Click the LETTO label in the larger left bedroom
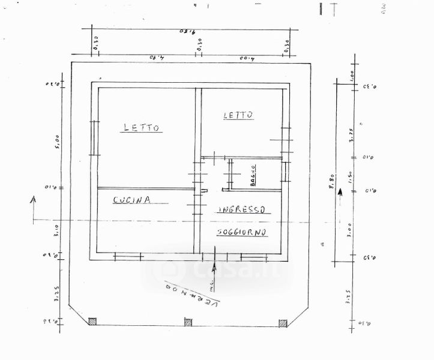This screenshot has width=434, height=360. [142, 127]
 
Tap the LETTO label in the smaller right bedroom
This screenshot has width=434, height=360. [238, 115]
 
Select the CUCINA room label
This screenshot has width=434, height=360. [131, 200]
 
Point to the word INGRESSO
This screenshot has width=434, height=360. [242, 210]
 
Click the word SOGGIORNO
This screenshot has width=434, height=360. [243, 232]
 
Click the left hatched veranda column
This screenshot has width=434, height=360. [92, 322]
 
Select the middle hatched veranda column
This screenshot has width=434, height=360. [188, 322]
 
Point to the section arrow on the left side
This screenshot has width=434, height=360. [34, 207]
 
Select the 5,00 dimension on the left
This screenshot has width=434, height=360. [56, 141]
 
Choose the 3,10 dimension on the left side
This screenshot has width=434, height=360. [56, 228]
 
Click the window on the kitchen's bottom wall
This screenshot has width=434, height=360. [127, 257]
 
